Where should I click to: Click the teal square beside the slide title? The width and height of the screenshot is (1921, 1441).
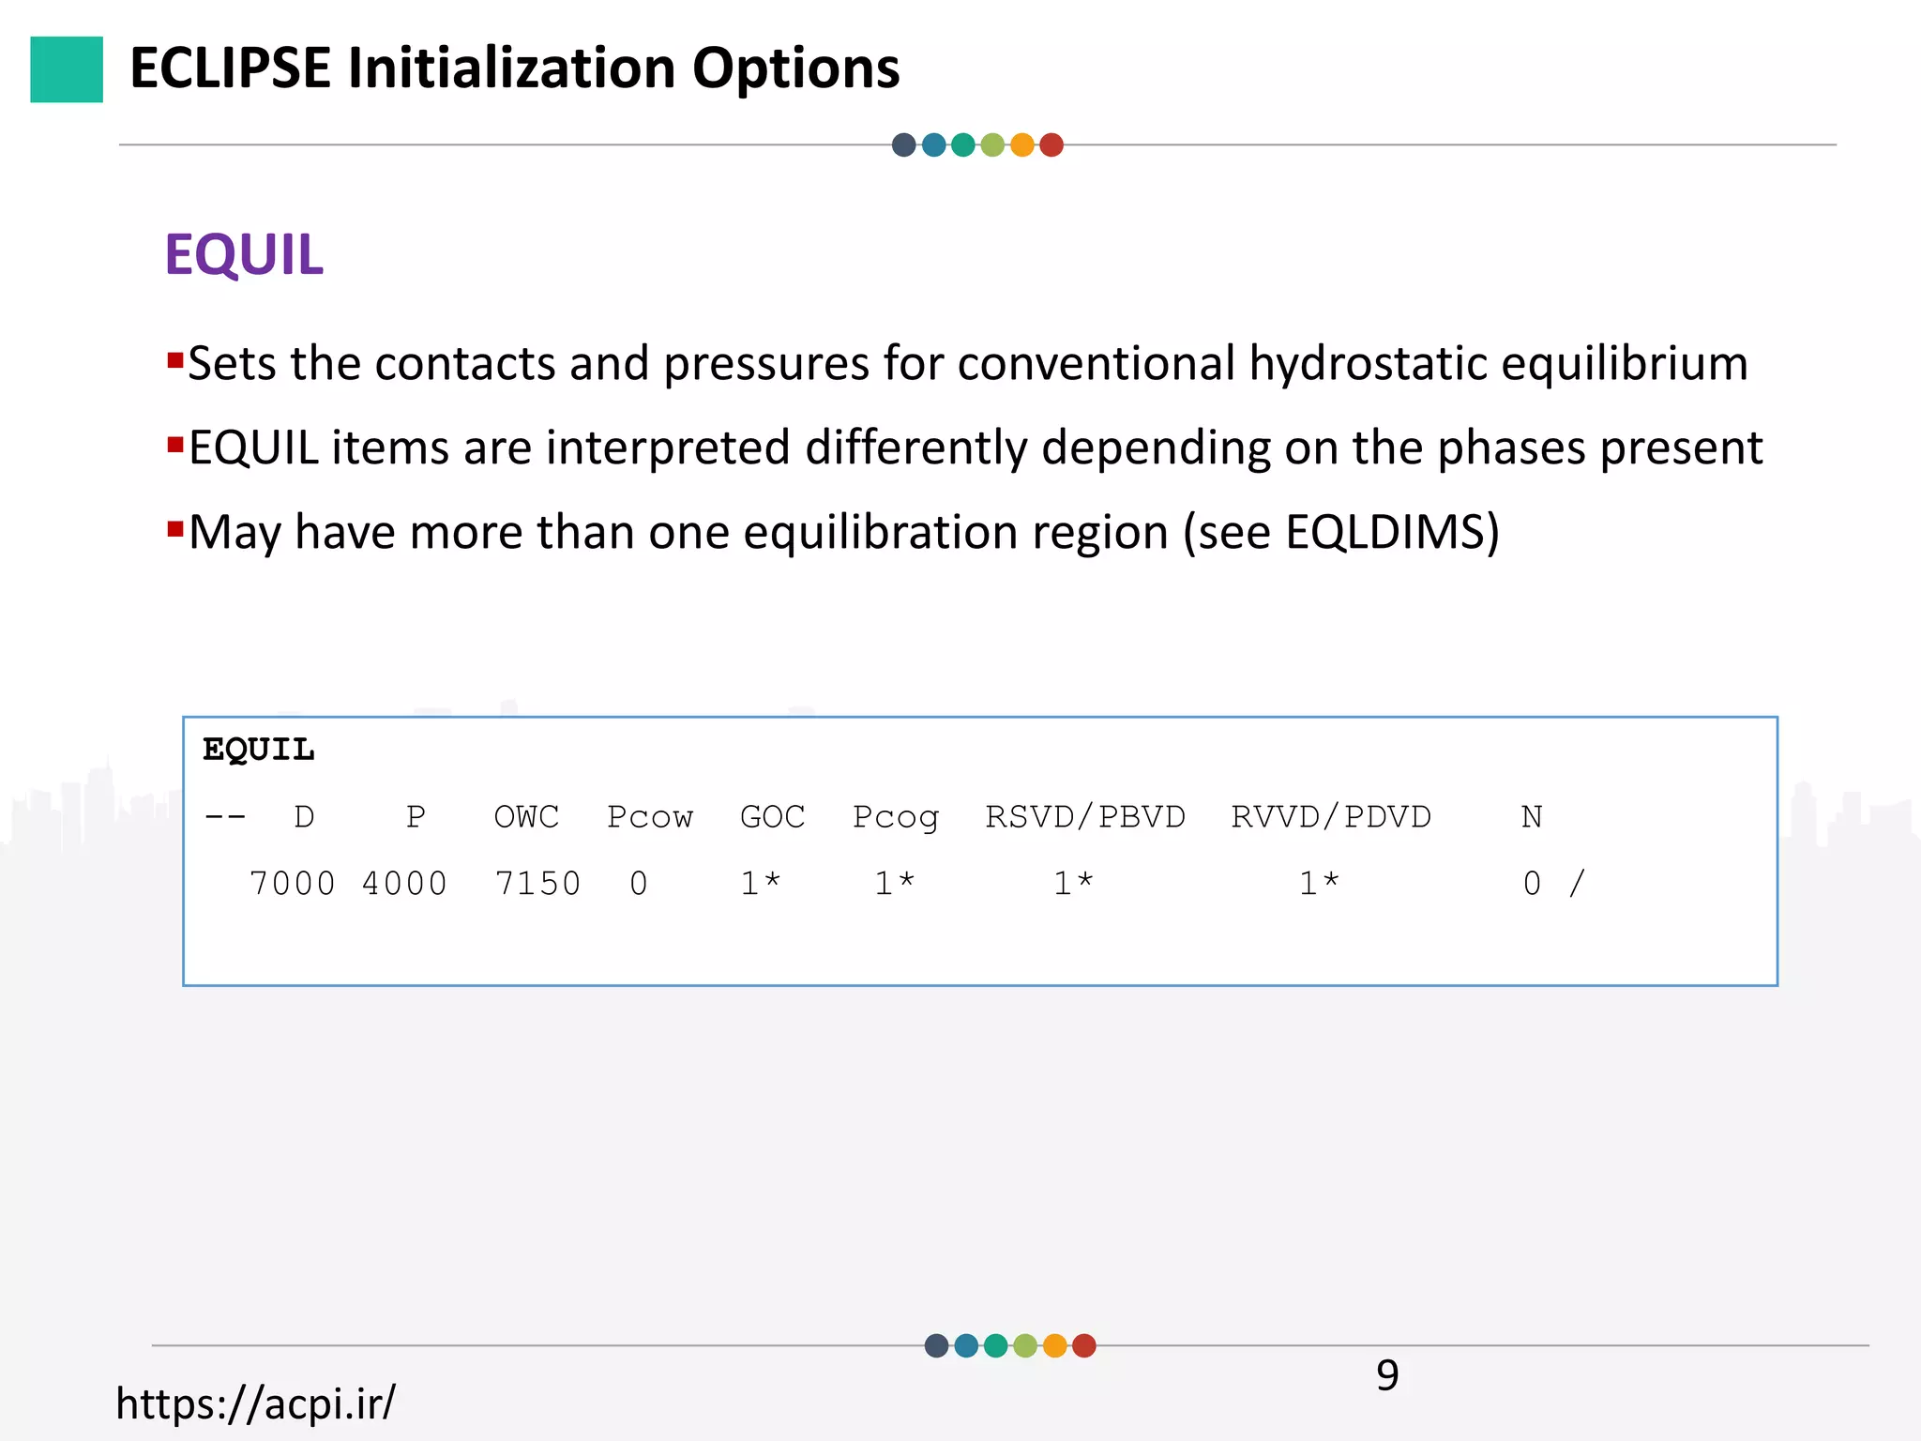(67, 69)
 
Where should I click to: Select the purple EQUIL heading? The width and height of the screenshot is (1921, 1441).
(244, 254)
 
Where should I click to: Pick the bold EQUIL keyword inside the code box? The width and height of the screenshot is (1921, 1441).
(259, 750)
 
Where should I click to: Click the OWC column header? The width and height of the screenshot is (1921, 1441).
(526, 817)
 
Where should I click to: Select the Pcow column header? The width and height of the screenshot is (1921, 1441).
(649, 817)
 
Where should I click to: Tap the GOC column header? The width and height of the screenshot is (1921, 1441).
(772, 817)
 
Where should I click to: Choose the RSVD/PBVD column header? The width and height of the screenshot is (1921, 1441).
(1085, 817)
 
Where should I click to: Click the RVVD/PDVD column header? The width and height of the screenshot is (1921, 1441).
(1331, 817)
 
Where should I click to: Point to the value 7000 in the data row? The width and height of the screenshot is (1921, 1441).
(292, 884)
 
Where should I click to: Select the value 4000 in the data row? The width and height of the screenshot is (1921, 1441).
(404, 884)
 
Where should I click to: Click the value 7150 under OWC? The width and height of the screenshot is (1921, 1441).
(537, 884)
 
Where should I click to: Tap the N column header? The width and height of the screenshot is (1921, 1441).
(1532, 817)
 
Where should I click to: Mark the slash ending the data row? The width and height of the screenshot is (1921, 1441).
(1577, 884)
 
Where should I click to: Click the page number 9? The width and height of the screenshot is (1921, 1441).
(1387, 1375)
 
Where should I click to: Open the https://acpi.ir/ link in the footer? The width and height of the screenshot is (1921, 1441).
(255, 1403)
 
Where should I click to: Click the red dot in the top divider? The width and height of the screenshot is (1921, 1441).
(1051, 145)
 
